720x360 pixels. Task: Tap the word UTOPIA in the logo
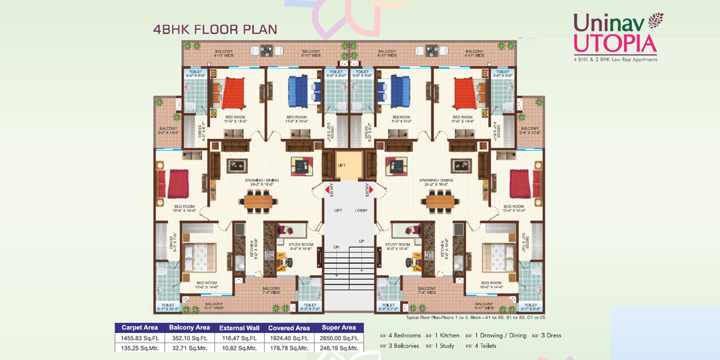(615, 43)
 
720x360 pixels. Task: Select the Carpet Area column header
(139, 328)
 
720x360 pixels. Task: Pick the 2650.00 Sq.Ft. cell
(340, 338)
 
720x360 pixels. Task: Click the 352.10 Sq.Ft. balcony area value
(190, 338)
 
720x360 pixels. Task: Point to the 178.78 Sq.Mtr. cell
(289, 347)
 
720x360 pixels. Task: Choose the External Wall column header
(239, 328)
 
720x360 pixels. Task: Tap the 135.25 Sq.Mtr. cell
(139, 347)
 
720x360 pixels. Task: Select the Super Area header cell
(340, 328)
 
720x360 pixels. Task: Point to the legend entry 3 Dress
(550, 335)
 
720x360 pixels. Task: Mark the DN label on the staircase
(337, 247)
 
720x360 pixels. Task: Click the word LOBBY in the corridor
(361, 211)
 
